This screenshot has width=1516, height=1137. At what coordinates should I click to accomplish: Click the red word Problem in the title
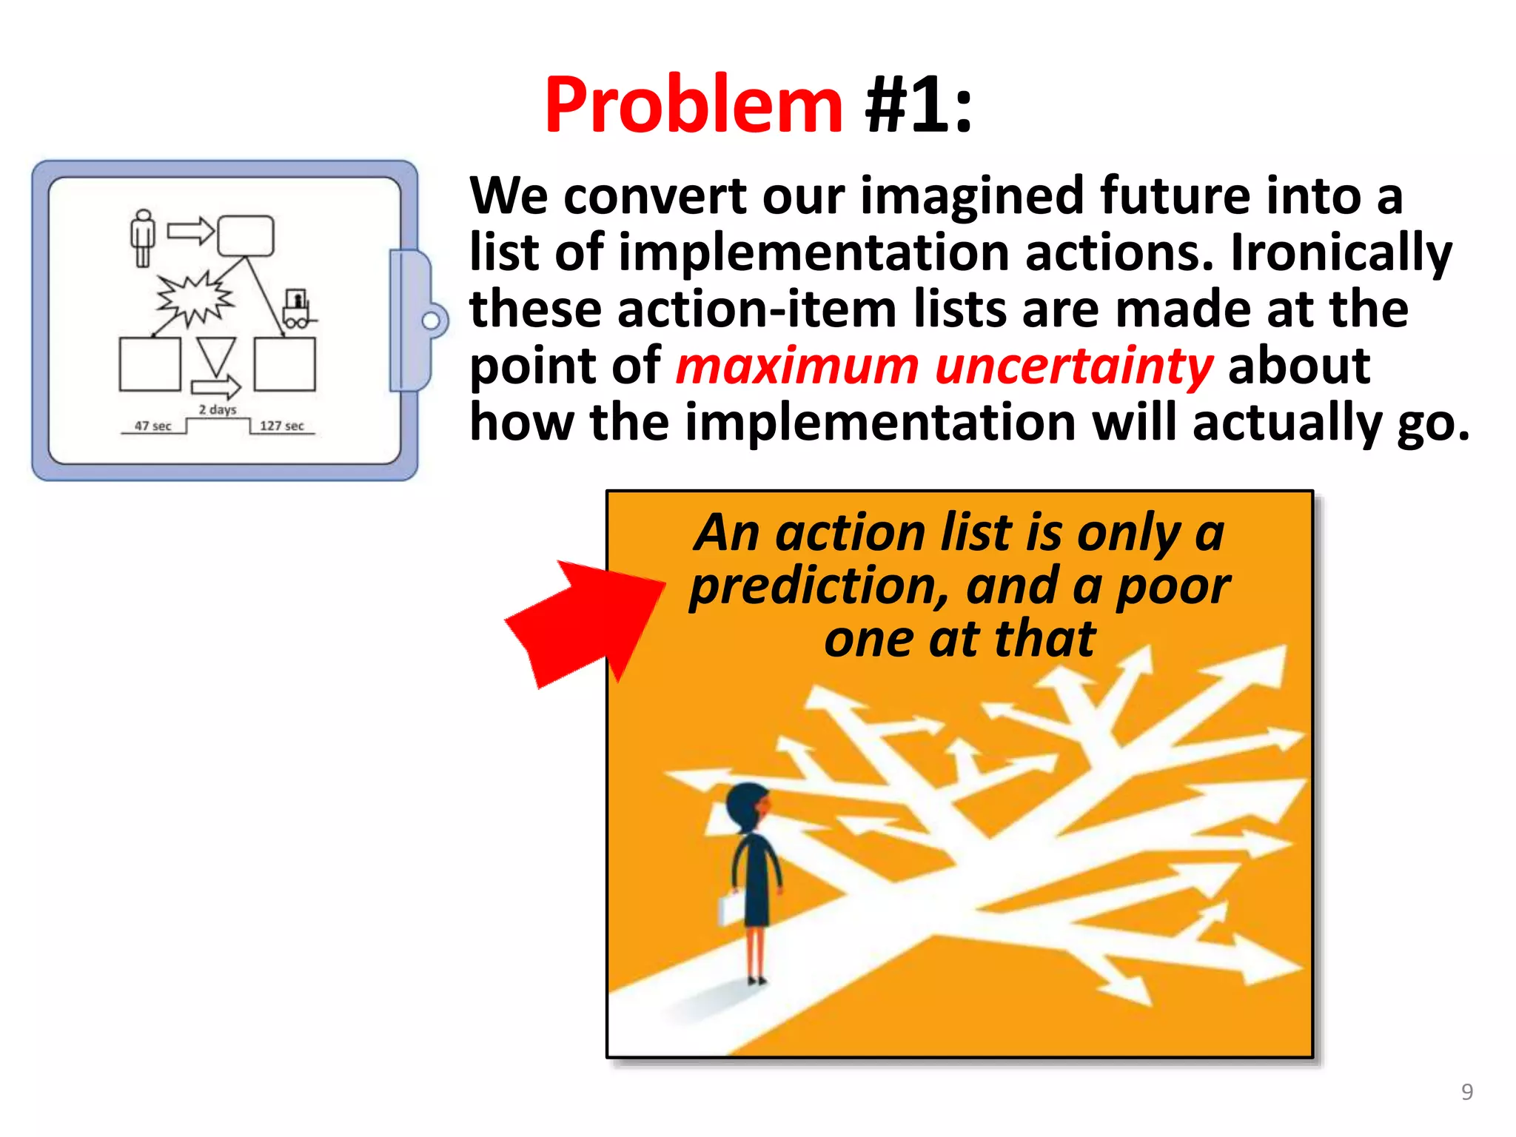693,106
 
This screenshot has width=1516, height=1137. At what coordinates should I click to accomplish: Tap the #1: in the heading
918,106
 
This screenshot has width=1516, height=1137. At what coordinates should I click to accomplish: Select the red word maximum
796,366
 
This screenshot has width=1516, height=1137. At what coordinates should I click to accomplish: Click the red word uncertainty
1073,366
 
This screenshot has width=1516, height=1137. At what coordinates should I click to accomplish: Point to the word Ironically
1341,253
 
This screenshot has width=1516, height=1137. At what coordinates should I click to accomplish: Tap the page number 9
1466,1092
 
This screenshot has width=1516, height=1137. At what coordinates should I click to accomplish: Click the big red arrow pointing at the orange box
585,622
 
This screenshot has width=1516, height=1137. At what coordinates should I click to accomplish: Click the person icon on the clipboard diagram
143,238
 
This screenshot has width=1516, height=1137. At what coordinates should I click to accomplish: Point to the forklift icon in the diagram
298,309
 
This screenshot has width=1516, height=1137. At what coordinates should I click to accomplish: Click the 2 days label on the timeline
218,409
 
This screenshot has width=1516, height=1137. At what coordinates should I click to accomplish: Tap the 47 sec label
152,426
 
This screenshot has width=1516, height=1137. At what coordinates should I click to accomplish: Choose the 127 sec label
281,426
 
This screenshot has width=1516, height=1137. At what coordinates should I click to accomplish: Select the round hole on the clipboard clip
430,321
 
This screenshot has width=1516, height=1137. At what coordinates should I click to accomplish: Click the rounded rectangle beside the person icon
246,236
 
